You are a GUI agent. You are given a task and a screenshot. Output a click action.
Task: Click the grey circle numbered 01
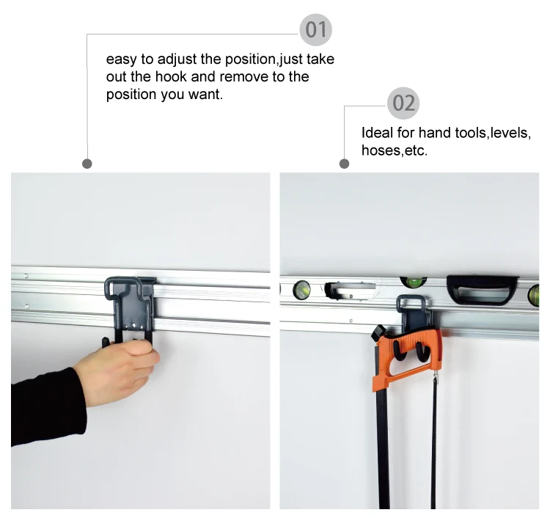[x=315, y=30]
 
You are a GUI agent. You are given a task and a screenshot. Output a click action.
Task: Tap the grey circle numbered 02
[x=403, y=103]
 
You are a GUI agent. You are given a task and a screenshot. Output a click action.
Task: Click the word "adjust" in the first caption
[x=177, y=59]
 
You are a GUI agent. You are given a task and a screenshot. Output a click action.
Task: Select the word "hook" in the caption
[x=171, y=77]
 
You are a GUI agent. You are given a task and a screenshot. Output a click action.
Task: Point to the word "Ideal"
[x=377, y=133]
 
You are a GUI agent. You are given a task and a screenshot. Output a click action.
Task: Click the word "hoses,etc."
[x=395, y=150]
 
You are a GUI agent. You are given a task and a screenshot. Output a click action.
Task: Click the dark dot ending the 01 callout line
[x=87, y=164]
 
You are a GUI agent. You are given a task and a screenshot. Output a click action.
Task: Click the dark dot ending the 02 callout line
[x=345, y=164]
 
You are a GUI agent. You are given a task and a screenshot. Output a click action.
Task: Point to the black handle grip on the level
[x=483, y=290]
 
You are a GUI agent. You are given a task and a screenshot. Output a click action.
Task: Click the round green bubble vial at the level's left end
[x=301, y=290]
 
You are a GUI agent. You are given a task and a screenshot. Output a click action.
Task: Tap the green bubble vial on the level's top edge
[x=414, y=281]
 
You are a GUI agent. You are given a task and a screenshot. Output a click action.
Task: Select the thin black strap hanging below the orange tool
[x=433, y=442]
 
